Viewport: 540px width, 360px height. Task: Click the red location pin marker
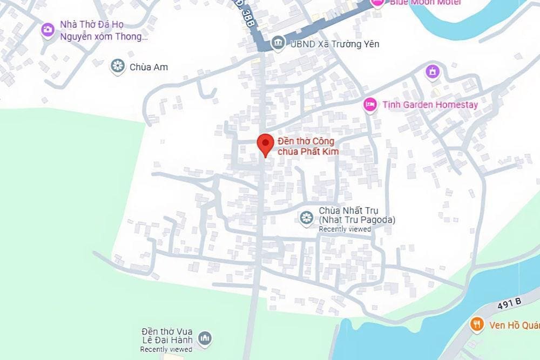265,144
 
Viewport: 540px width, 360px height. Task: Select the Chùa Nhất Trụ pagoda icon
307,218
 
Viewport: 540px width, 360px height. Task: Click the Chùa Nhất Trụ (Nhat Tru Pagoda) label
357,215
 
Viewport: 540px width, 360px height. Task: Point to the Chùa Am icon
117,67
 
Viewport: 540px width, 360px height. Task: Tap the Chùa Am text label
148,67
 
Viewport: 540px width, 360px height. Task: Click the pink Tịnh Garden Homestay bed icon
370,104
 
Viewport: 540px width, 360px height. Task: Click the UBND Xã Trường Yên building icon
278,43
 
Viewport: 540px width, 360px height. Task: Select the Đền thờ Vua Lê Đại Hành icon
204,338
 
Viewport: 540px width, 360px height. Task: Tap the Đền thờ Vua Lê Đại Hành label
166,336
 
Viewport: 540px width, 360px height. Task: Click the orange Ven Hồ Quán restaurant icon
476,324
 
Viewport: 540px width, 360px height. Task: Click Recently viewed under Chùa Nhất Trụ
345,229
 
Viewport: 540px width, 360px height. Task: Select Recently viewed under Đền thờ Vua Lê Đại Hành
166,350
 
